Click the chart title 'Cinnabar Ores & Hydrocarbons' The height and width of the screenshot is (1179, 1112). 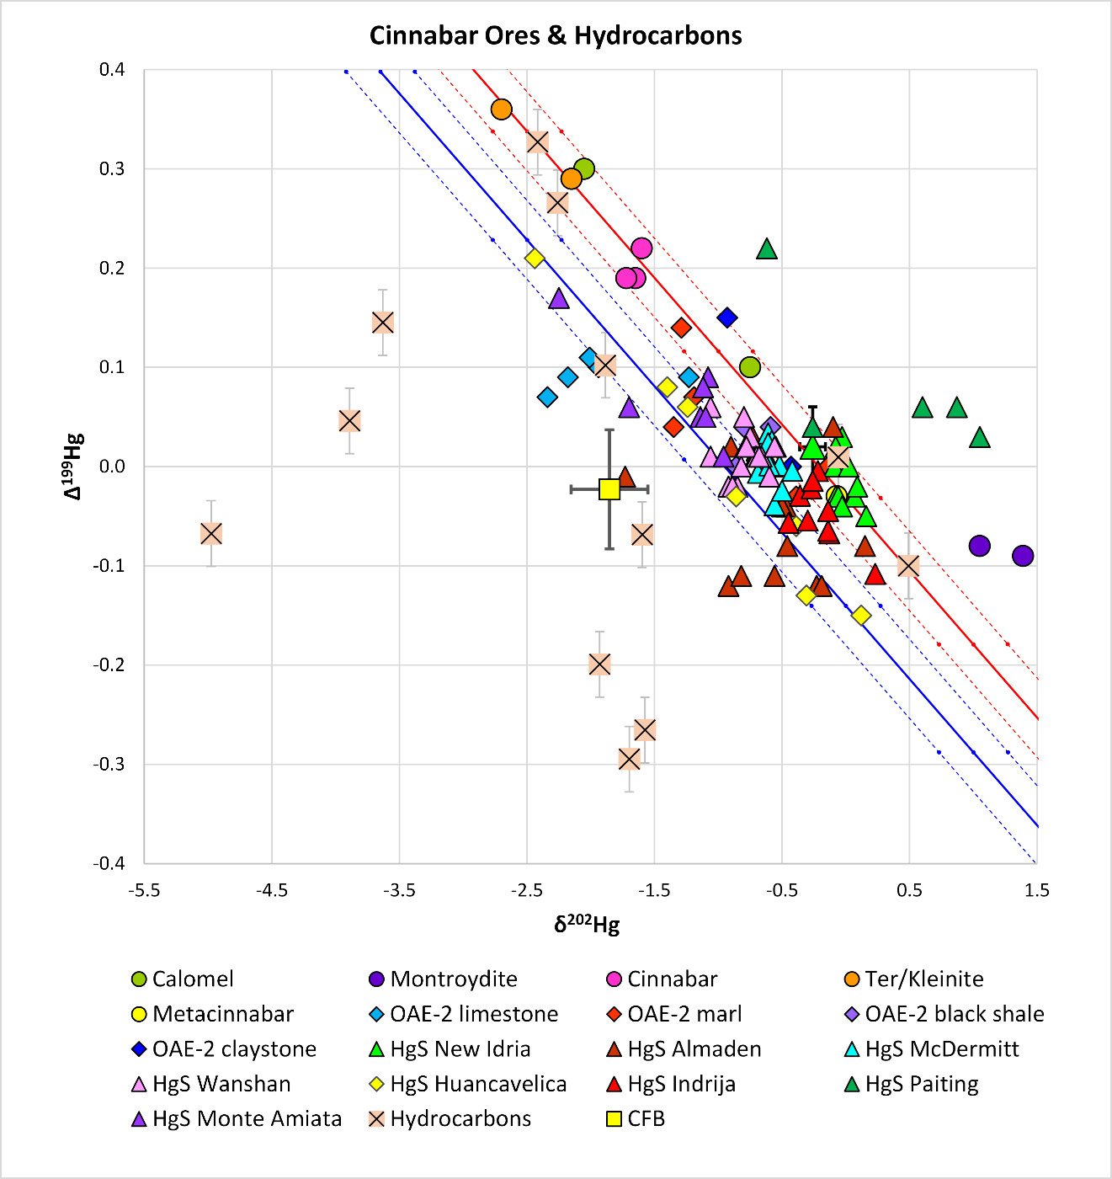click(556, 35)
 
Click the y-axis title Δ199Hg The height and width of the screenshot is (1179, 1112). click(73, 466)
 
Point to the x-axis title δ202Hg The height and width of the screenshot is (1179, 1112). click(587, 925)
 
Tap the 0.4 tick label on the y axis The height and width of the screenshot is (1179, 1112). click(112, 70)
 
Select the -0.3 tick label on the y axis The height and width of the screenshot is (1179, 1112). click(109, 764)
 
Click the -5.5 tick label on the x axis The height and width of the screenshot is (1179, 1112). click(144, 890)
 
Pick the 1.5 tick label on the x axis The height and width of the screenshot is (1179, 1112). click(1036, 890)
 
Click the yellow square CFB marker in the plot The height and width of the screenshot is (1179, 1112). click(609, 489)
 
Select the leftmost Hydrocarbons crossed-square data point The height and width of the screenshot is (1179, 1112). click(211, 533)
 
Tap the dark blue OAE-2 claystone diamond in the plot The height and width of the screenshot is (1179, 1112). click(727, 317)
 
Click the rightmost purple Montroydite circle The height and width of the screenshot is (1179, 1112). click(1023, 556)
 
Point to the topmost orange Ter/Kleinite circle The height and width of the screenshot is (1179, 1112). click(502, 109)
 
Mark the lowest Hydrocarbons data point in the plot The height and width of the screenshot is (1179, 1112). click(629, 759)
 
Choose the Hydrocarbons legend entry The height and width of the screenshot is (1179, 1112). click(460, 1118)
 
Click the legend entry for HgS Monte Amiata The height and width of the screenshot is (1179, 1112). click(247, 1118)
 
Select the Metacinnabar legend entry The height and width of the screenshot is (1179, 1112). click(222, 1014)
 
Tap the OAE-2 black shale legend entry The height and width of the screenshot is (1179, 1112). click(954, 1014)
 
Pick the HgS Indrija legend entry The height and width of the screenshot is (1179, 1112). click(681, 1084)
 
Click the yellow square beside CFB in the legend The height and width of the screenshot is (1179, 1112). click(614, 1119)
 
